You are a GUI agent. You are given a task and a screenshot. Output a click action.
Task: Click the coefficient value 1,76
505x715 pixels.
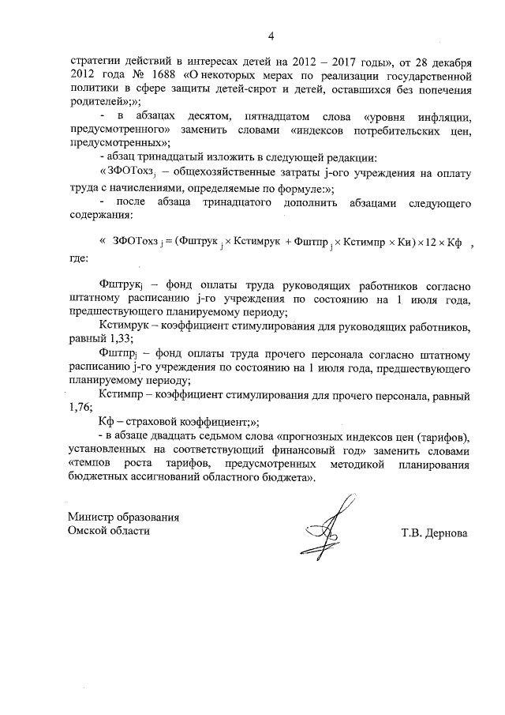click(x=80, y=408)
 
